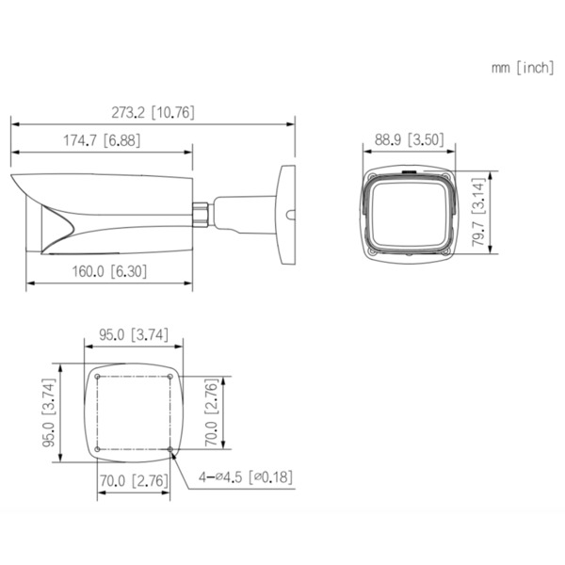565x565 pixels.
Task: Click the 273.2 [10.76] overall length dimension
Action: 153,112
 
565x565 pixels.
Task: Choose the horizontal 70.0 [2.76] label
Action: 134,482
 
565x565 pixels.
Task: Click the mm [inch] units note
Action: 522,68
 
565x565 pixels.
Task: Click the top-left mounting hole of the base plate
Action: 98,379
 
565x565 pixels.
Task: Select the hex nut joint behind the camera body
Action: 201,210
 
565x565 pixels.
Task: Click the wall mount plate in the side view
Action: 282,216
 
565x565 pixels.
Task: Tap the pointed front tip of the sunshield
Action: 13,178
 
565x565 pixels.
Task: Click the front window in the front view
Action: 409,215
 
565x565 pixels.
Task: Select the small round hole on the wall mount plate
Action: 289,215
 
